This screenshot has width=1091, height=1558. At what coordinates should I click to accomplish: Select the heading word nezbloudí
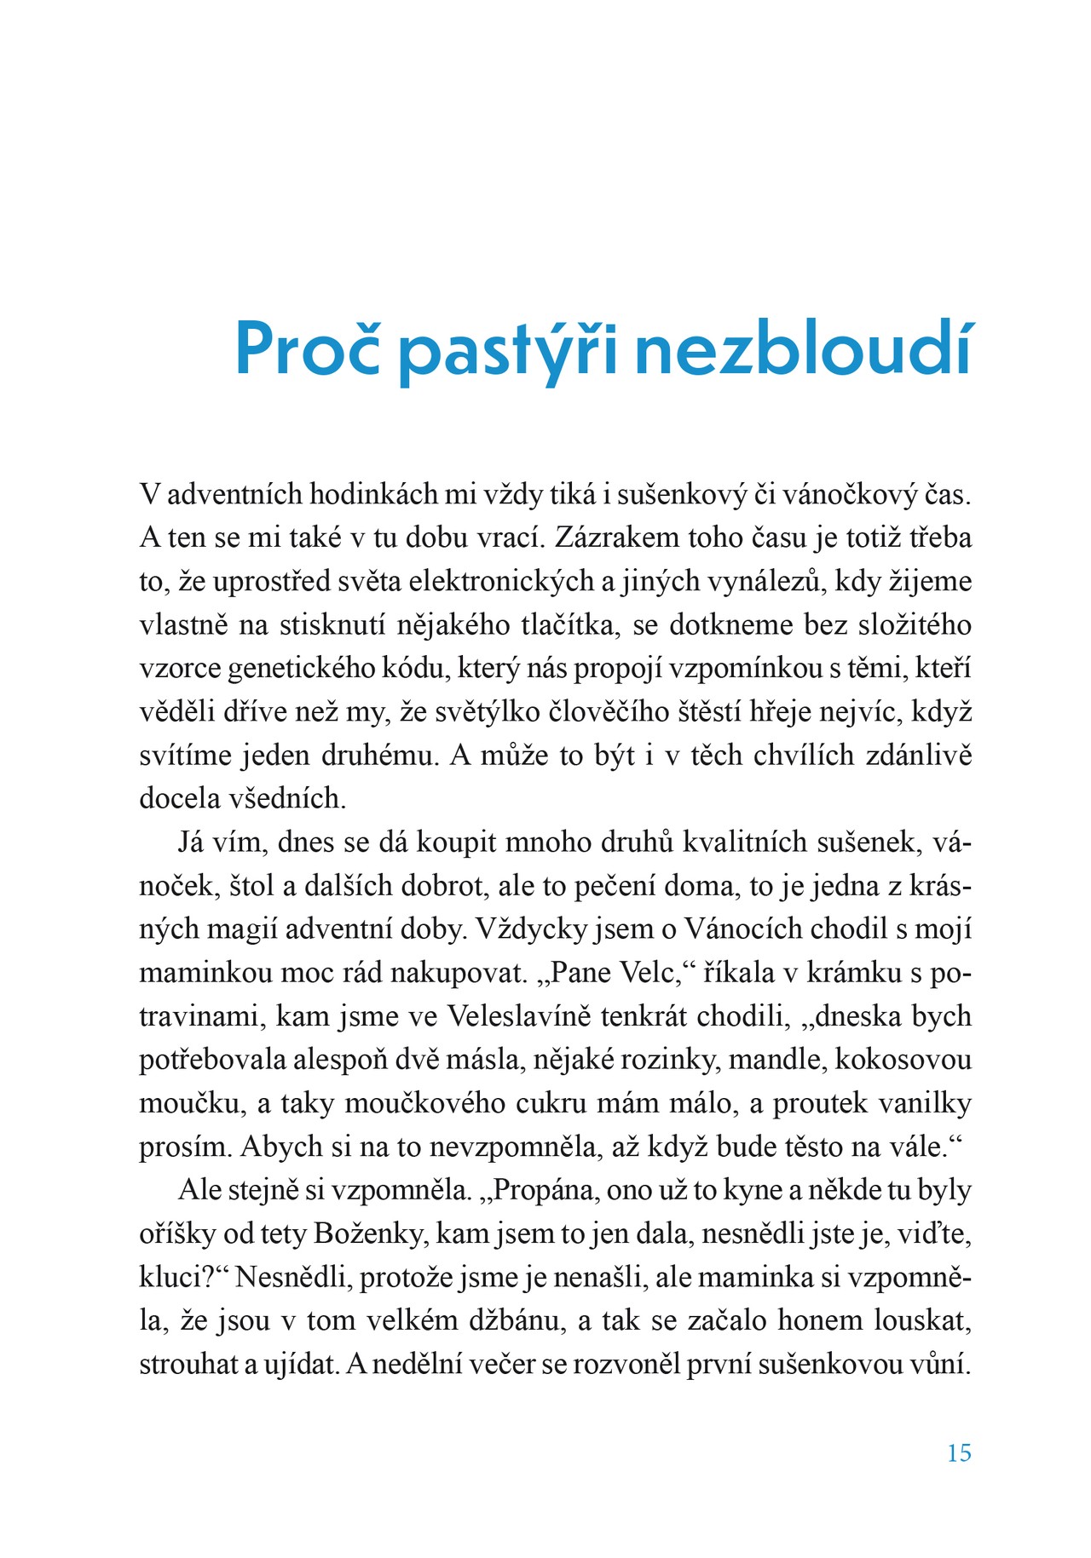804,349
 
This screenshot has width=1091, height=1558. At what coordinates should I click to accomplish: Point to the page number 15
959,1453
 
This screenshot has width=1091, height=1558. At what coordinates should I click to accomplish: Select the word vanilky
926,1103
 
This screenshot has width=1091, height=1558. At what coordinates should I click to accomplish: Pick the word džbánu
514,1320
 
